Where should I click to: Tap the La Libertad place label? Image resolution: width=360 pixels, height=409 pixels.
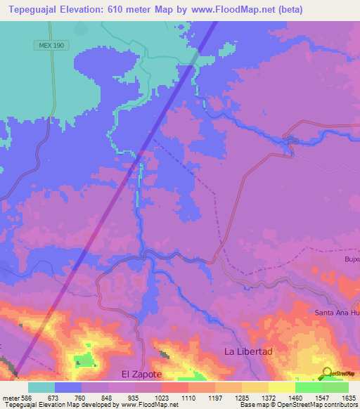247,351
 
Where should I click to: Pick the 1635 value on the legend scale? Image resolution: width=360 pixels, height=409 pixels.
348,398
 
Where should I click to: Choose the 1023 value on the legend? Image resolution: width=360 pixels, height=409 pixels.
161,398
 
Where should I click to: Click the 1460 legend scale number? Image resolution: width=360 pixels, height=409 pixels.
295,398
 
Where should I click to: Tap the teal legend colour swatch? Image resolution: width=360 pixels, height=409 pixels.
41,387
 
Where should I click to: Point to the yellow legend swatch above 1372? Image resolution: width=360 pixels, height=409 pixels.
255,387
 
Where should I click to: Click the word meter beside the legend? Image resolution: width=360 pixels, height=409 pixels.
11,398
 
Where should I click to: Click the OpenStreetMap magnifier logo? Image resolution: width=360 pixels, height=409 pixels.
326,372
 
